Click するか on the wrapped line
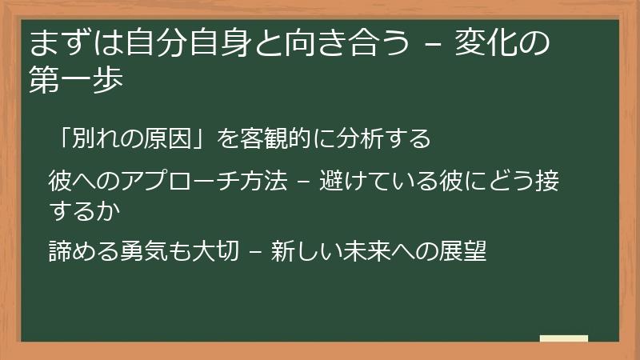(x=86, y=210)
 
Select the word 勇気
(x=150, y=251)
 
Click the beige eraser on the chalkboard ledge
(x=564, y=338)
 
